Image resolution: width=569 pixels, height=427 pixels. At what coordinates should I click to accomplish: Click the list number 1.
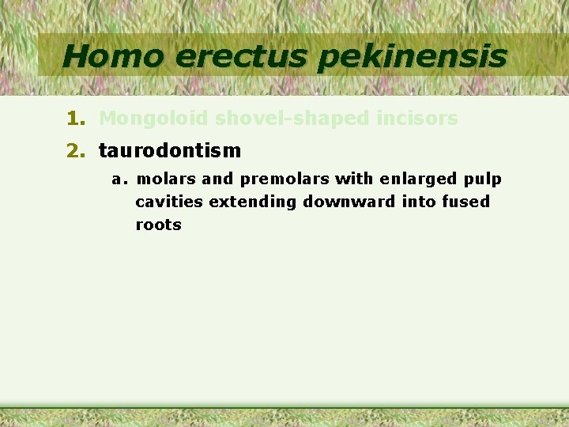74,119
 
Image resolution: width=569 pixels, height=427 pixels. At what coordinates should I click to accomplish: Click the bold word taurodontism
169,149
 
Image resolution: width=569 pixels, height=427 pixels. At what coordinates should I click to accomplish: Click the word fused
466,202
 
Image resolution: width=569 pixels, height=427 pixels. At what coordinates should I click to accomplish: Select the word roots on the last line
158,225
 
